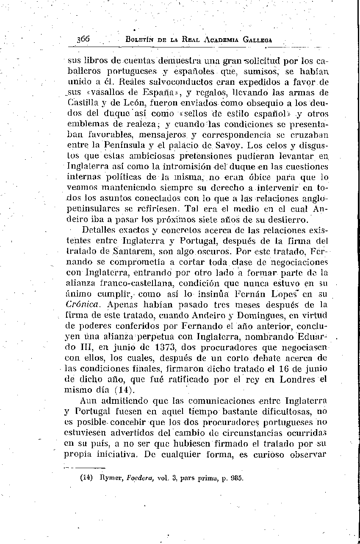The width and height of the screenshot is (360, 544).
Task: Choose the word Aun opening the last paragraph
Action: tap(88, 400)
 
